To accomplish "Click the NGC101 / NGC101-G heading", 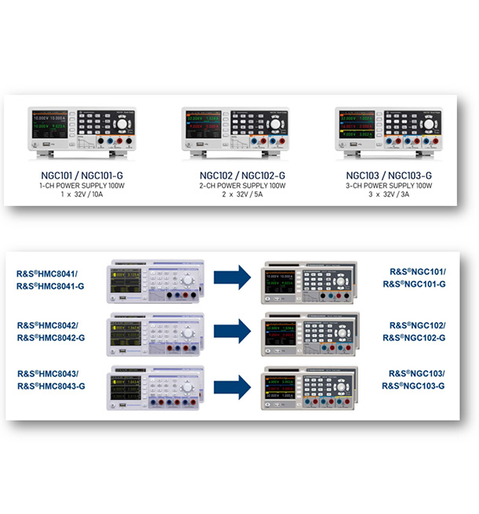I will click(x=77, y=176).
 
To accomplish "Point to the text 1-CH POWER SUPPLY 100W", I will click(x=77, y=186).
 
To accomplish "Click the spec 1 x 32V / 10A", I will click(x=77, y=196).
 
